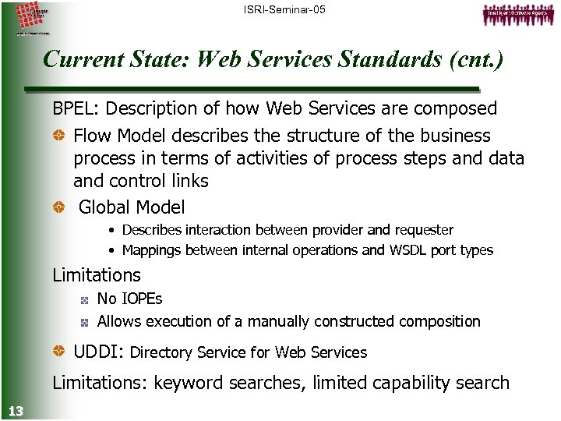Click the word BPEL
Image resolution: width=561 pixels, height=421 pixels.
[76, 108]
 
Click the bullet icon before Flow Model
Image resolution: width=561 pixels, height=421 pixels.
[59, 136]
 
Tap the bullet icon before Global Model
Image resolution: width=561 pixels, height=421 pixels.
[59, 207]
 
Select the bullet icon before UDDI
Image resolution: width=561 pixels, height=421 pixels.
[59, 352]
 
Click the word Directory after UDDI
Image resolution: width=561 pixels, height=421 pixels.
[161, 352]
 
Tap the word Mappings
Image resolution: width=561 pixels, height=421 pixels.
[152, 250]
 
